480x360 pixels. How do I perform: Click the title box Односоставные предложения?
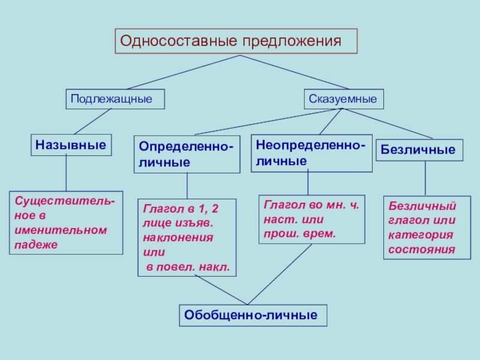pyautogui.click(x=236, y=41)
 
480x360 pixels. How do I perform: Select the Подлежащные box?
pyautogui.click(x=115, y=98)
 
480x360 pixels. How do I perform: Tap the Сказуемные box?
pyautogui.click(x=344, y=98)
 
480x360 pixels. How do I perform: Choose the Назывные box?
pyautogui.click(x=71, y=145)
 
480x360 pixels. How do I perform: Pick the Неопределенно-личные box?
pyautogui.click(x=310, y=152)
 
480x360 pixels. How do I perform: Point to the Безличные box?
pyautogui.click(x=419, y=149)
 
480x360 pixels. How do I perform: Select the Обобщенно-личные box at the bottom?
pyautogui.click(x=253, y=314)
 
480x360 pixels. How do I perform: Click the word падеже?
pyautogui.click(x=35, y=245)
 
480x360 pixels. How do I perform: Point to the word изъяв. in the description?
pyautogui.click(x=196, y=223)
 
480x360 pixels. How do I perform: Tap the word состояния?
pyautogui.click(x=421, y=248)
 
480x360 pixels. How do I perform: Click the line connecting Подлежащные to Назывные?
pyautogui.click(x=92, y=122)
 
